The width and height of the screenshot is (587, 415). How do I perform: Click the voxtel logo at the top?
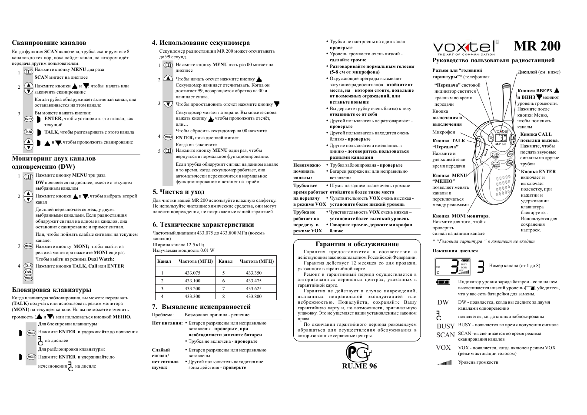[x=464, y=47]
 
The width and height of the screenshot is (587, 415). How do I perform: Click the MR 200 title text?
[x=537, y=46]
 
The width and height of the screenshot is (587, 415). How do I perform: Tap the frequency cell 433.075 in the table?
[x=192, y=273]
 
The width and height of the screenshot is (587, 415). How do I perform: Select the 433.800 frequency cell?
[x=254, y=296]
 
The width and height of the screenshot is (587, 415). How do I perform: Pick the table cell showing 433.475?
[x=254, y=281]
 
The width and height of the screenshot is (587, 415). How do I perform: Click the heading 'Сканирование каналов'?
[x=49, y=43]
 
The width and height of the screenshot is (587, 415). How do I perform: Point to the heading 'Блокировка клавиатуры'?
[x=51, y=290]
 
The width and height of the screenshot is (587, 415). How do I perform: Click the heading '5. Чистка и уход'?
[x=178, y=192]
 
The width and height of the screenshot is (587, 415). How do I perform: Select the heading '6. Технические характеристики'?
[x=203, y=224]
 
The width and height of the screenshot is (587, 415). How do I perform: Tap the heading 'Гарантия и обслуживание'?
[x=357, y=244]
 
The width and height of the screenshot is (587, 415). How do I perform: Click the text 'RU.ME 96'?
[x=359, y=366]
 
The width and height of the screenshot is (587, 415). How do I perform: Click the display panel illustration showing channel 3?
[x=453, y=266]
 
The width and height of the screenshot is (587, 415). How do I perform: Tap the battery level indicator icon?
[x=443, y=282]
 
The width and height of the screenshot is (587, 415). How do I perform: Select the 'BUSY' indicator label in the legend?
[x=445, y=326]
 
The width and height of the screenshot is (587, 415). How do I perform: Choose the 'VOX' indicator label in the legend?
[x=443, y=348]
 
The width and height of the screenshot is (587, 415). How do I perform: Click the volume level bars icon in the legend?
[x=444, y=362]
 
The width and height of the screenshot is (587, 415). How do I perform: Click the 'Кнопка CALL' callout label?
[x=536, y=134]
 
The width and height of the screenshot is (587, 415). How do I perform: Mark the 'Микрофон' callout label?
[x=444, y=132]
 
